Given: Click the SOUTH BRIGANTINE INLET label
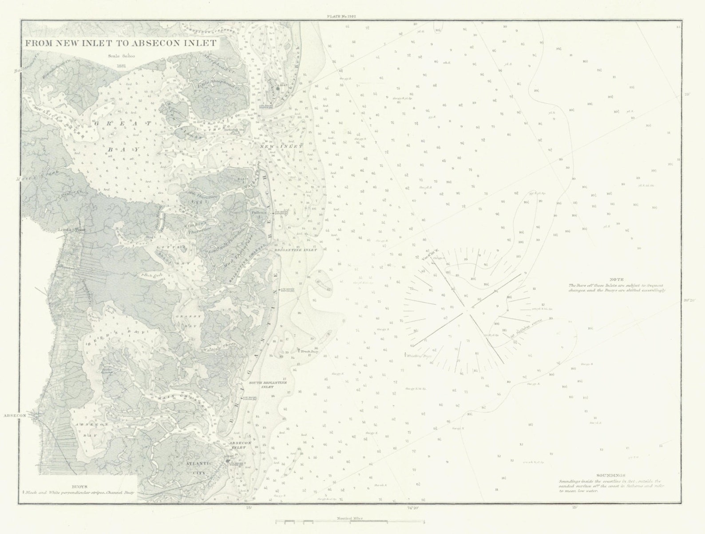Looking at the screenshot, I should coord(261,384).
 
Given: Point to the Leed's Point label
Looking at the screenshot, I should coord(68,229).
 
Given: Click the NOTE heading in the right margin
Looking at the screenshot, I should coord(616,279).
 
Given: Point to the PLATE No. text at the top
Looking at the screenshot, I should coord(341,16).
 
